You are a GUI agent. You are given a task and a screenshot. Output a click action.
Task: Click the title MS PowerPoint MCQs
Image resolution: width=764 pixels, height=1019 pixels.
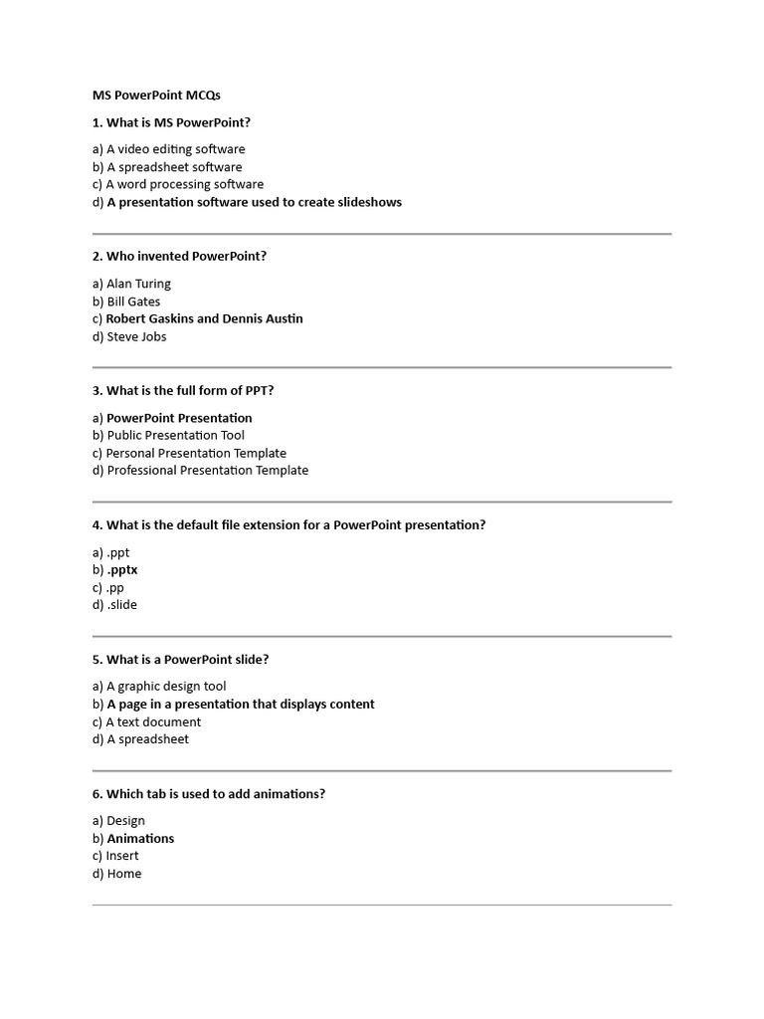click(x=156, y=96)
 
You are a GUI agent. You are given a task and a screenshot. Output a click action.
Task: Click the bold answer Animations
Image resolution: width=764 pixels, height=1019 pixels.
click(x=140, y=839)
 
